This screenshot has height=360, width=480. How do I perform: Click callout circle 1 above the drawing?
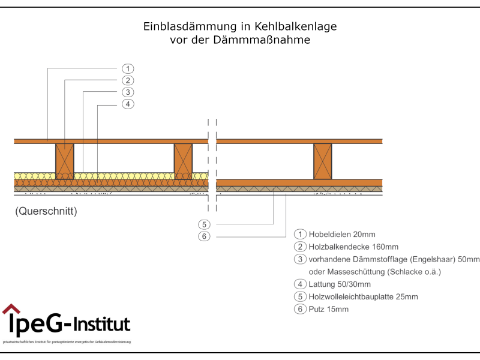pyautogui.click(x=128, y=68)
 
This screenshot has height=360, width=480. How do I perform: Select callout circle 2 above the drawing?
pyautogui.click(x=128, y=80)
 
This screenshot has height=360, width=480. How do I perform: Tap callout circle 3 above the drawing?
pyautogui.click(x=128, y=92)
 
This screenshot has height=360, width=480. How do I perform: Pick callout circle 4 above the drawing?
pyautogui.click(x=128, y=104)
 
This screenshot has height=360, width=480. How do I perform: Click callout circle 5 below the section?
pyautogui.click(x=204, y=224)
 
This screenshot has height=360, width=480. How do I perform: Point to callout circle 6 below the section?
pyautogui.click(x=204, y=236)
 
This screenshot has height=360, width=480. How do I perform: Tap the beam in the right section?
pyautogui.click(x=322, y=161)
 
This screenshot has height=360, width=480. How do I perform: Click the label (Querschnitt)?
pyautogui.click(x=46, y=212)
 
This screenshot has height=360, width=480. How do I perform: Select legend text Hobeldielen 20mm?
pyautogui.click(x=341, y=234)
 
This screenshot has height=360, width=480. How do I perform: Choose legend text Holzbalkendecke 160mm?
pyautogui.click(x=353, y=247)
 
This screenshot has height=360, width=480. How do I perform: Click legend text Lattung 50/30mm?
pyautogui.click(x=339, y=284)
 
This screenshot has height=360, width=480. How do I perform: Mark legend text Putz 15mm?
pyautogui.click(x=328, y=310)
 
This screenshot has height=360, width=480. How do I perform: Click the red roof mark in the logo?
pyautogui.click(x=11, y=310)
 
